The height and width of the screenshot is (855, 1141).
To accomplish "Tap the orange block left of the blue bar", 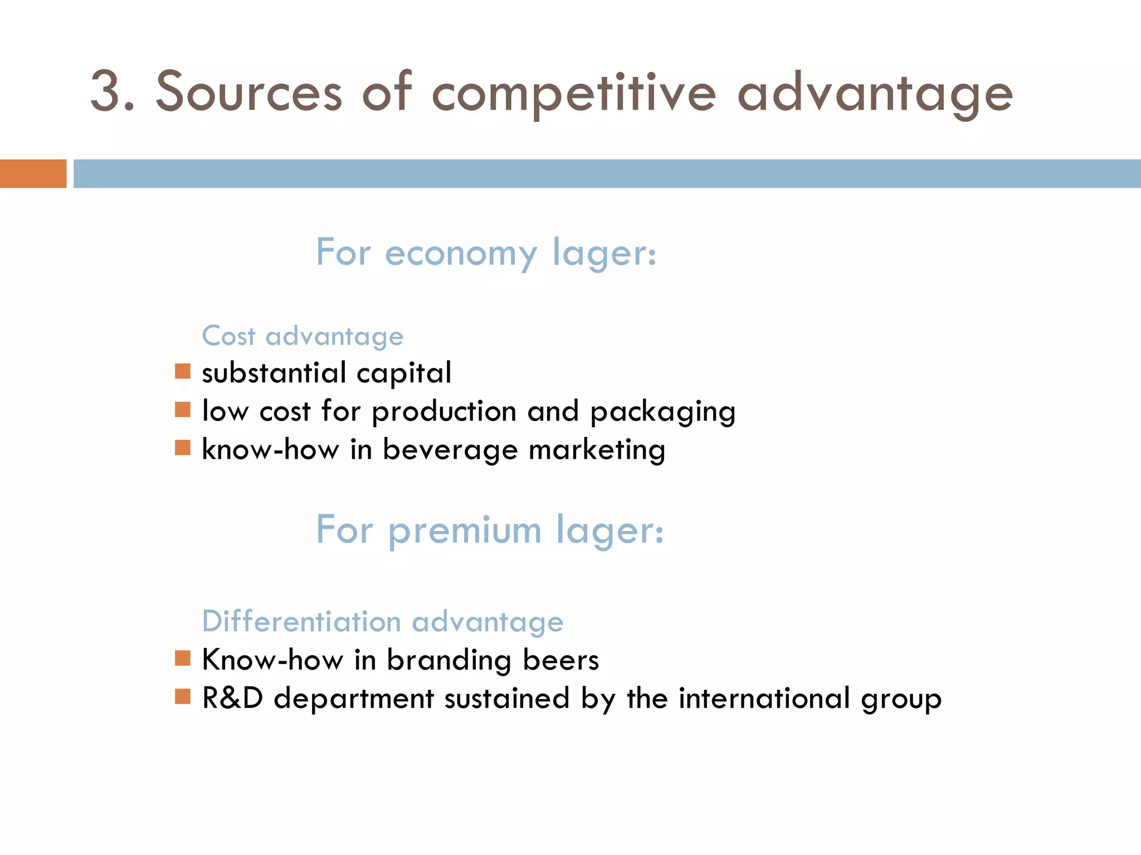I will point(33,174).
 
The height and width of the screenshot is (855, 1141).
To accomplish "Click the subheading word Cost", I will point(228,336).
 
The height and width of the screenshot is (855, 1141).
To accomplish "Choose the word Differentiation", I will point(301,621).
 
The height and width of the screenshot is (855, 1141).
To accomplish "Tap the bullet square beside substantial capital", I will point(183,371).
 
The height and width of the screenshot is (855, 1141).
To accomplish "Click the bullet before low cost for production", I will point(183,410).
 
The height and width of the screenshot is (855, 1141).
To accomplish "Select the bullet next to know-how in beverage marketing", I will point(183,448).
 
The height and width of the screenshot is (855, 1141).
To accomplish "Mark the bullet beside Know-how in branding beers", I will point(183,659).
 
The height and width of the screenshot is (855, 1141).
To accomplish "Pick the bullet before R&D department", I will point(183,697).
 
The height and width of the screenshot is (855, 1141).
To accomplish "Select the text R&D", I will point(232,698).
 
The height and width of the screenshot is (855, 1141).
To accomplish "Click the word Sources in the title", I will point(248,92).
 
